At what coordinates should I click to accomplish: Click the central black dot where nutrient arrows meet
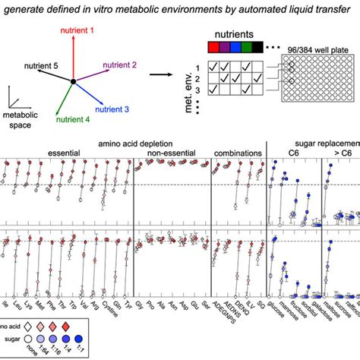(73, 80)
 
